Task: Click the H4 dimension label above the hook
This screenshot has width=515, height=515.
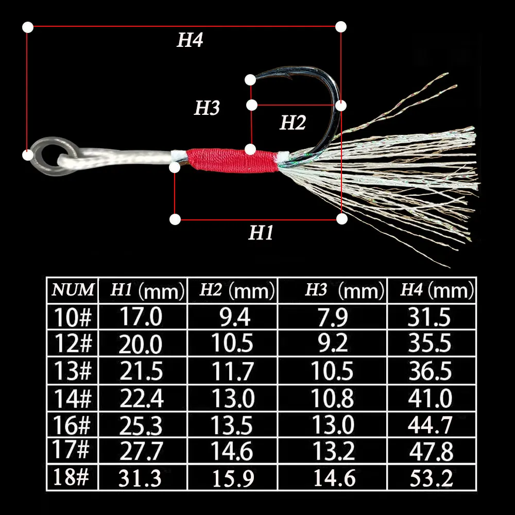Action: coord(190,41)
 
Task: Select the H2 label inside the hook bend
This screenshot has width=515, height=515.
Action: coord(293,123)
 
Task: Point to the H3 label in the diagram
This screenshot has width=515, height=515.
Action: coord(207,108)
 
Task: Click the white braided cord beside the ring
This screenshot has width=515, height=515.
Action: coord(124,157)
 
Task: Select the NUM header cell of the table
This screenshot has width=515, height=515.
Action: coord(73,290)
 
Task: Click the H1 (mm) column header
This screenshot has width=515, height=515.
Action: coord(146,291)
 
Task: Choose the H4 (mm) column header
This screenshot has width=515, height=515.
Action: coord(437,291)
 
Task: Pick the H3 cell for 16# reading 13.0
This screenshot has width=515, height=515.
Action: coord(333,425)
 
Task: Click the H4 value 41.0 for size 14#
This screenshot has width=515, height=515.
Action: coord(430,398)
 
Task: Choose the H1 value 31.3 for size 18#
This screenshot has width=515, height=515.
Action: coord(141,478)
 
